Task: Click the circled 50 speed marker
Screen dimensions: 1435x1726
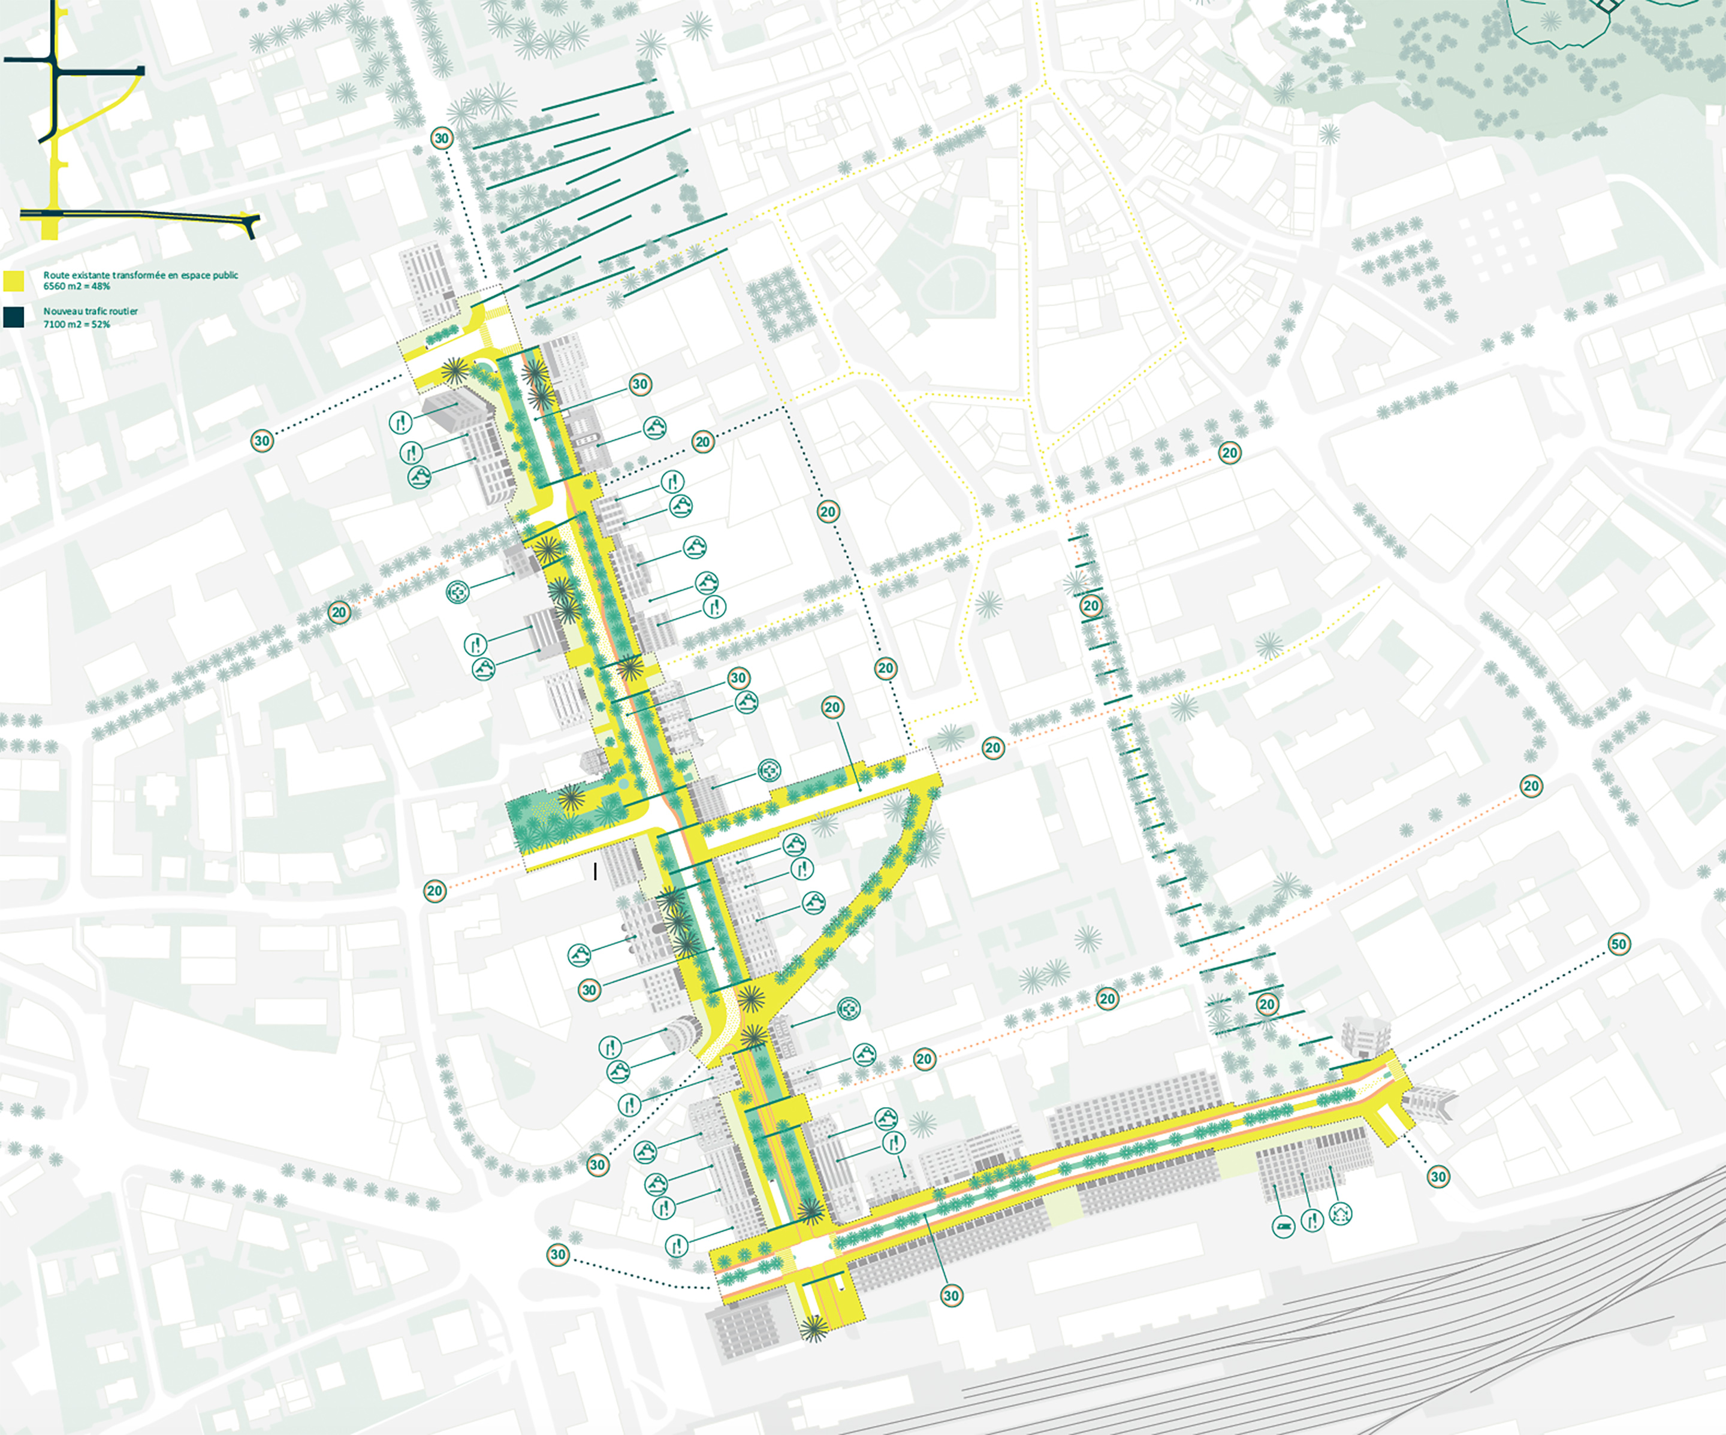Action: tap(1618, 944)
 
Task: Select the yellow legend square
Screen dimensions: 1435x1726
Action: tap(13, 281)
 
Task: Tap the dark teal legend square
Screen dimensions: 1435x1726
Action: tap(13, 317)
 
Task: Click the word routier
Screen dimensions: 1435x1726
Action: tap(124, 312)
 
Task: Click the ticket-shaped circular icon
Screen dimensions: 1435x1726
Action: tap(1283, 1227)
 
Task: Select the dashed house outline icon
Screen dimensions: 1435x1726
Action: tap(1341, 1213)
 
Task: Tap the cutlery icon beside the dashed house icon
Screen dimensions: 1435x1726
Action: tap(1312, 1220)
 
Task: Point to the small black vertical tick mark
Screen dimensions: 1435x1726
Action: tap(596, 871)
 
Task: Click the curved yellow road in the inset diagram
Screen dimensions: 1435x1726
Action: tap(99, 115)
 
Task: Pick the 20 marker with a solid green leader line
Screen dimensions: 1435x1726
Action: tap(832, 707)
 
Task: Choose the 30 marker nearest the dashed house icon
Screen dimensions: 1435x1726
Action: tap(1438, 1176)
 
